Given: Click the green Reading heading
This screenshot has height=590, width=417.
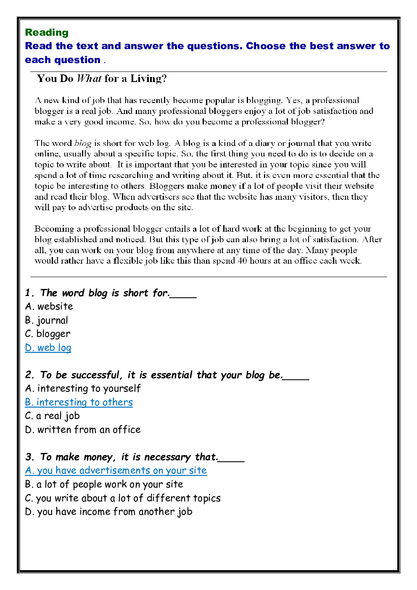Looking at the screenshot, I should click(x=47, y=32).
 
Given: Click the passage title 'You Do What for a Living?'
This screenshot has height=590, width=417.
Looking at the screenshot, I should click(x=102, y=79).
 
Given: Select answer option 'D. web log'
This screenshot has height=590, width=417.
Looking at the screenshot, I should click(x=48, y=348).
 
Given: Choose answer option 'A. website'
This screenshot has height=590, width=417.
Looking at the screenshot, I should click(x=49, y=307).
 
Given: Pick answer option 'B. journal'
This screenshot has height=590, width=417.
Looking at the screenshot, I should click(x=46, y=320).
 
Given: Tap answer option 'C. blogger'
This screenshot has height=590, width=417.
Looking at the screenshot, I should click(x=48, y=334).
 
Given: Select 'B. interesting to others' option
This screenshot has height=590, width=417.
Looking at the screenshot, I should click(x=79, y=402).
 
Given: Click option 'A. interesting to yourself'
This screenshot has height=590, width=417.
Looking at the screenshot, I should click(x=83, y=389).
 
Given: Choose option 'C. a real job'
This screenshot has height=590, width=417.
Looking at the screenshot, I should click(x=52, y=416).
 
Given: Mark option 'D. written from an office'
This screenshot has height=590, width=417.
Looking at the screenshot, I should click(x=83, y=430).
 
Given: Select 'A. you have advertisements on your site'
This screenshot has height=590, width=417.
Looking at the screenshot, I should click(x=116, y=471).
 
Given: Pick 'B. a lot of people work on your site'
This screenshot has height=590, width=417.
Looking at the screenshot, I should click(x=104, y=484).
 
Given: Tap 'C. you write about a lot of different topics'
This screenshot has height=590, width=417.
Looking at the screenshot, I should click(x=123, y=498).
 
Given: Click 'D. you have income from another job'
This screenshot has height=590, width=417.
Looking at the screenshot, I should click(x=108, y=512).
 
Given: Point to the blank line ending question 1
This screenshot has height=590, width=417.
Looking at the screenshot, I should click(x=183, y=296).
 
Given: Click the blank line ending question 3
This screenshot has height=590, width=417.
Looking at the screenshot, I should click(x=231, y=460).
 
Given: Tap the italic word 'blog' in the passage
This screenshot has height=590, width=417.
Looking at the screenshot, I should click(x=83, y=143).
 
